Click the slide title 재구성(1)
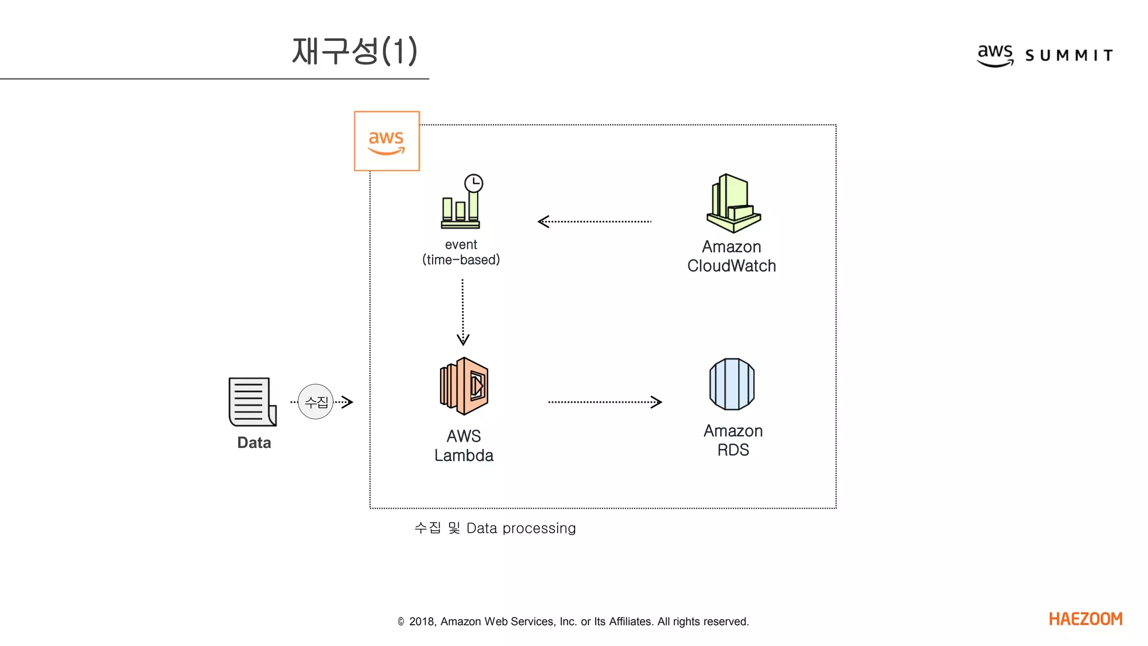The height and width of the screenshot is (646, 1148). pos(354,51)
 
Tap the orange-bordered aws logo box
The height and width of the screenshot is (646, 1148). pos(387,141)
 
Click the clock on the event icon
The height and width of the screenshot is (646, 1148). pos(474,183)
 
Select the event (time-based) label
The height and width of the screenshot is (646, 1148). pos(461,252)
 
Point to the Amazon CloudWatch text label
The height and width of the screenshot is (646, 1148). pos(732,256)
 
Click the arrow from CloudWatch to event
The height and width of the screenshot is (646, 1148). pos(594,222)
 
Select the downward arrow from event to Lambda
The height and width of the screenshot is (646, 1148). pos(462,312)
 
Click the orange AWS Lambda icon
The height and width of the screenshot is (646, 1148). pos(464,386)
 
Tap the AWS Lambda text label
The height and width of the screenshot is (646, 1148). pos(464,446)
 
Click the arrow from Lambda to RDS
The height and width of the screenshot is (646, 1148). pos(605,402)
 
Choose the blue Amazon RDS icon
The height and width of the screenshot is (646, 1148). pos(732,384)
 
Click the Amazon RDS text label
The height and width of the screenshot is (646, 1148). pos(733,440)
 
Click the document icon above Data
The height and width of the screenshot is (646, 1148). pos(252,402)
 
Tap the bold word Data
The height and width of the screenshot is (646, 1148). pos(254,443)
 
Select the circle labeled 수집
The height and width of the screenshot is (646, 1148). pos(316,402)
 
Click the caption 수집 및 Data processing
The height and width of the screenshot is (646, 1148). pos(495,528)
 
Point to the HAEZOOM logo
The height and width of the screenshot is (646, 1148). pos(1085,619)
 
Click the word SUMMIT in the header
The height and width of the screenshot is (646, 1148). pos(1069,56)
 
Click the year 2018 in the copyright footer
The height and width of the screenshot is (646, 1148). pos(421,621)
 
